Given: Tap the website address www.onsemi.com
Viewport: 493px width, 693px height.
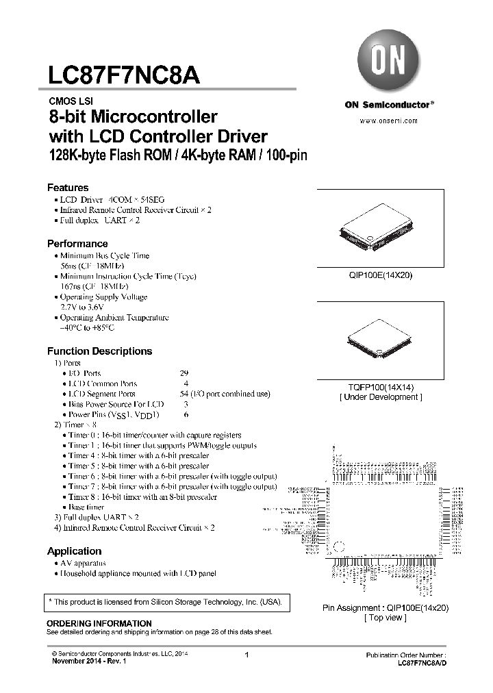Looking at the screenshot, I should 388,121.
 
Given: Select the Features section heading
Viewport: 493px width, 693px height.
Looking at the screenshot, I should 68,188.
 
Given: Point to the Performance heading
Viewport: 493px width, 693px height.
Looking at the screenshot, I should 77,244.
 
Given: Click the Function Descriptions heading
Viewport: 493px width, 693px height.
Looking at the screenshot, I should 99,351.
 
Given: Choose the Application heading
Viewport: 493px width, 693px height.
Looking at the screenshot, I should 74,551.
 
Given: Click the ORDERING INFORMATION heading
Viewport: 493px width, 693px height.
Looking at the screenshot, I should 99,624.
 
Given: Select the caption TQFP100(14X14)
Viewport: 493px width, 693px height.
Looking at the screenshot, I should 381,387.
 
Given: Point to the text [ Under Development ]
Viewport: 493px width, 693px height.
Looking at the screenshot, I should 381,397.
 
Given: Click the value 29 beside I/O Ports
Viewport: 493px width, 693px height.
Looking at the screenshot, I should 184,373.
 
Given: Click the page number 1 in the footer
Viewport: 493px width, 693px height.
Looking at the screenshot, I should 246,656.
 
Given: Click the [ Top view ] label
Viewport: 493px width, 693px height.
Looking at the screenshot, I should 385,618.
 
